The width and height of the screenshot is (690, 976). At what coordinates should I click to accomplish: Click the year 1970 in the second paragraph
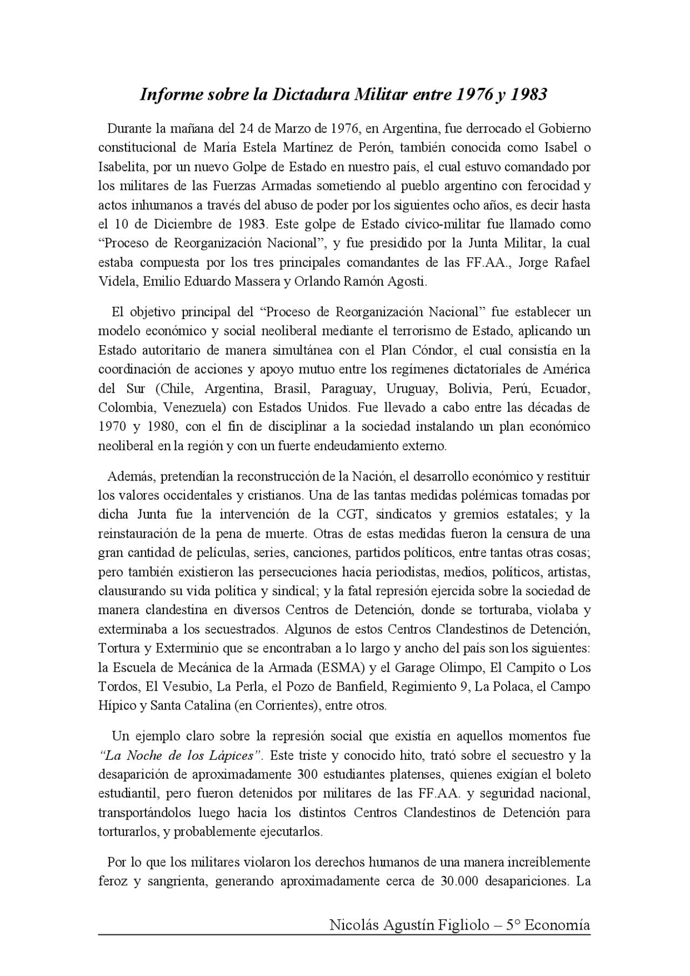112,427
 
